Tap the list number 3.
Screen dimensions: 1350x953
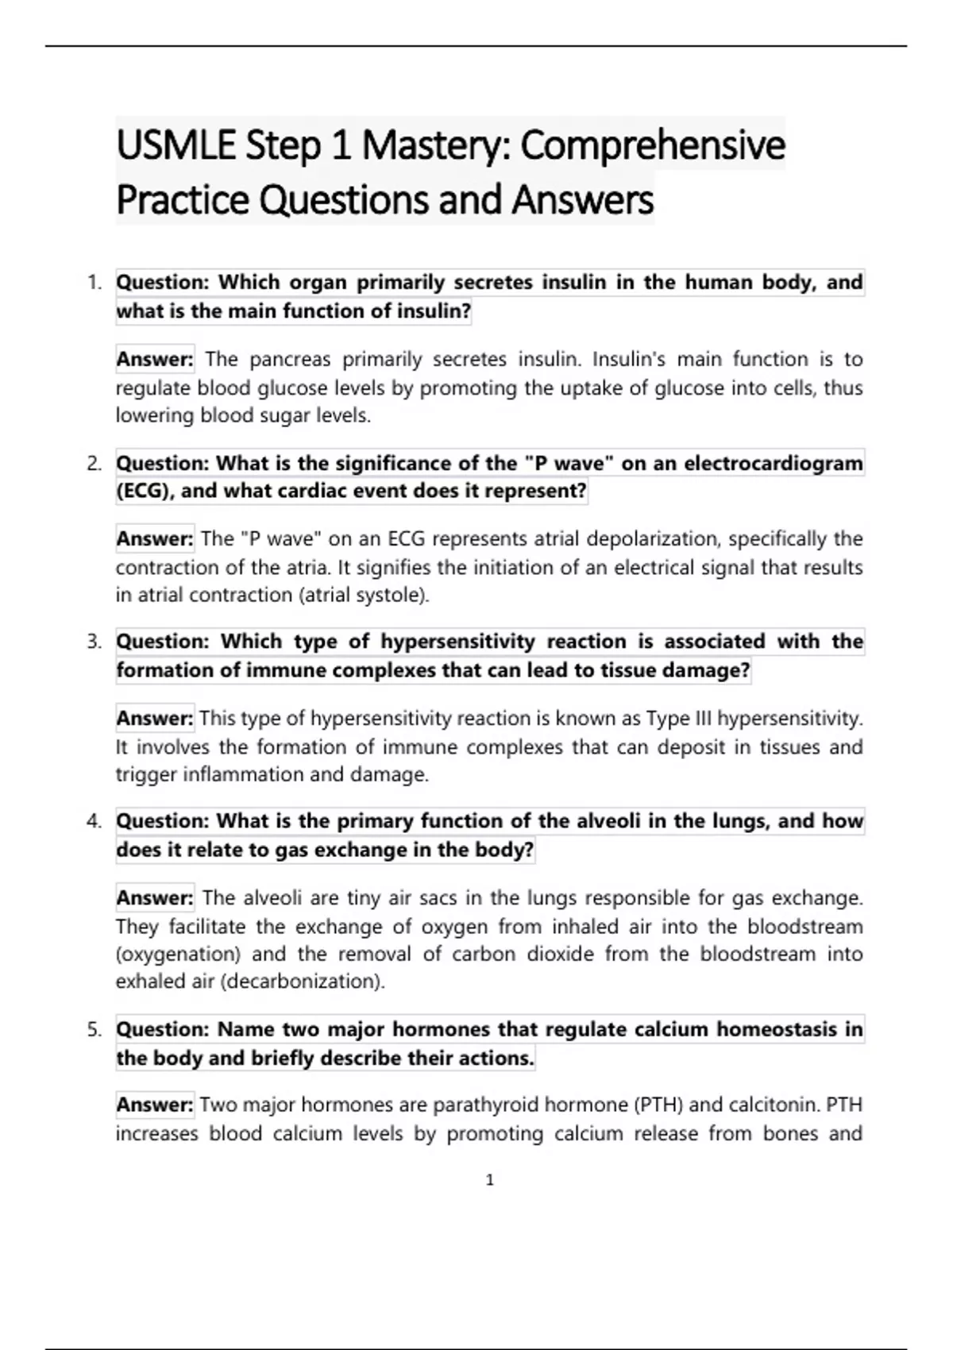95,642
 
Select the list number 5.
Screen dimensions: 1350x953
95,1030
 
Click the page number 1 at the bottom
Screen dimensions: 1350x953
489,1180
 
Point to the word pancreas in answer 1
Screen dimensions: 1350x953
290,360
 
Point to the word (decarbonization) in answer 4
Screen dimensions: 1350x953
302,982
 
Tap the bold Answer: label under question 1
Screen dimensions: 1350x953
155,360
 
